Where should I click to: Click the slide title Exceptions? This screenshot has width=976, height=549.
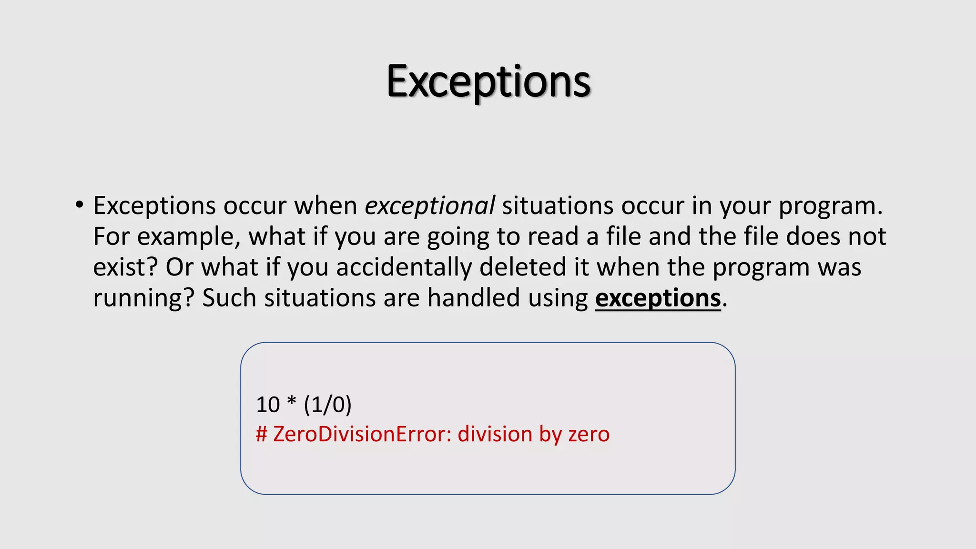488,82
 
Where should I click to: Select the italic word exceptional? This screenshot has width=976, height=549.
430,206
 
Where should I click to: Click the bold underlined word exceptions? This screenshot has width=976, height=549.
658,298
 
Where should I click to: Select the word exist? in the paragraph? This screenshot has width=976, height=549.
125,267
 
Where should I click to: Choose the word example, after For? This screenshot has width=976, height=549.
189,237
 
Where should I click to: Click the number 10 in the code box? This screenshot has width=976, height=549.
268,405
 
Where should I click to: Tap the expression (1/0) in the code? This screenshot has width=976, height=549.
327,405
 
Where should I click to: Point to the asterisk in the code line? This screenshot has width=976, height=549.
291,403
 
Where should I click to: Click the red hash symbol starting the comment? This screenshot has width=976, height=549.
261,434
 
